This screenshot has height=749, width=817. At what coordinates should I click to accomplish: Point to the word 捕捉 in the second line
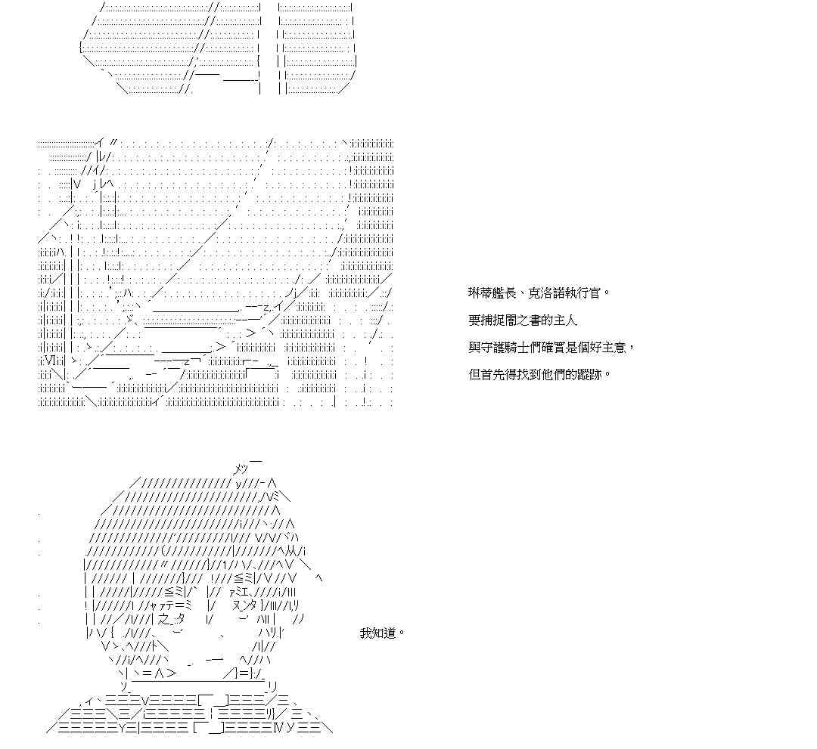(494, 320)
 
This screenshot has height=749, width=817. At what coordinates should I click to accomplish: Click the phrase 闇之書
(528, 320)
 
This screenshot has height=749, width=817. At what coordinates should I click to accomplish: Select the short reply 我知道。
(382, 633)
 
